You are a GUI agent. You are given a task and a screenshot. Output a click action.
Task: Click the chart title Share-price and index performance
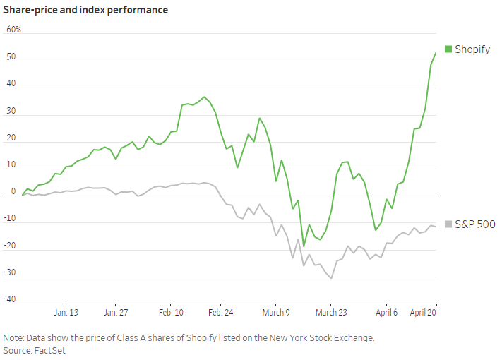pyautogui.click(x=85, y=11)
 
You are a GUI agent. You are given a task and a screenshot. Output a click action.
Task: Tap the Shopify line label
pyautogui.click(x=472, y=49)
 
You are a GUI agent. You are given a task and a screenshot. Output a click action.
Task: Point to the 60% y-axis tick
pyautogui.click(x=14, y=30)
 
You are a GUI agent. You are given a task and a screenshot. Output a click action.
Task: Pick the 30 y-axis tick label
pyautogui.click(x=11, y=111)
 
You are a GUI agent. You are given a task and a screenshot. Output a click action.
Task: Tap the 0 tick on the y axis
pyautogui.click(x=13, y=191)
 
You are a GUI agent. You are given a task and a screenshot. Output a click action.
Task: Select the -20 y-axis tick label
pyautogui.click(x=11, y=245)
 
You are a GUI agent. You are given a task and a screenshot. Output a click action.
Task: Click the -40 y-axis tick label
pyautogui.click(x=11, y=299)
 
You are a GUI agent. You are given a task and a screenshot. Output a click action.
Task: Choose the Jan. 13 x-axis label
pyautogui.click(x=66, y=312)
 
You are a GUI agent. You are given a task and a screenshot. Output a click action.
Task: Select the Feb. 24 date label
pyautogui.click(x=221, y=312)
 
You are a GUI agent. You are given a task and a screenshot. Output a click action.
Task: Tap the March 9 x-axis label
pyautogui.click(x=276, y=312)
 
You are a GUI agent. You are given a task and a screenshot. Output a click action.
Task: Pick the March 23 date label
pyautogui.click(x=331, y=312)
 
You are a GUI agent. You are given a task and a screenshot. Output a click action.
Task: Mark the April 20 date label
pyautogui.click(x=423, y=312)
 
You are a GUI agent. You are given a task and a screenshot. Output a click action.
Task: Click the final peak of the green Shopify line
pyautogui.click(x=436, y=52)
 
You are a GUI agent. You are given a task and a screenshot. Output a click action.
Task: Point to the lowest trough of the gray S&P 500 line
pyautogui.click(x=331, y=278)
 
